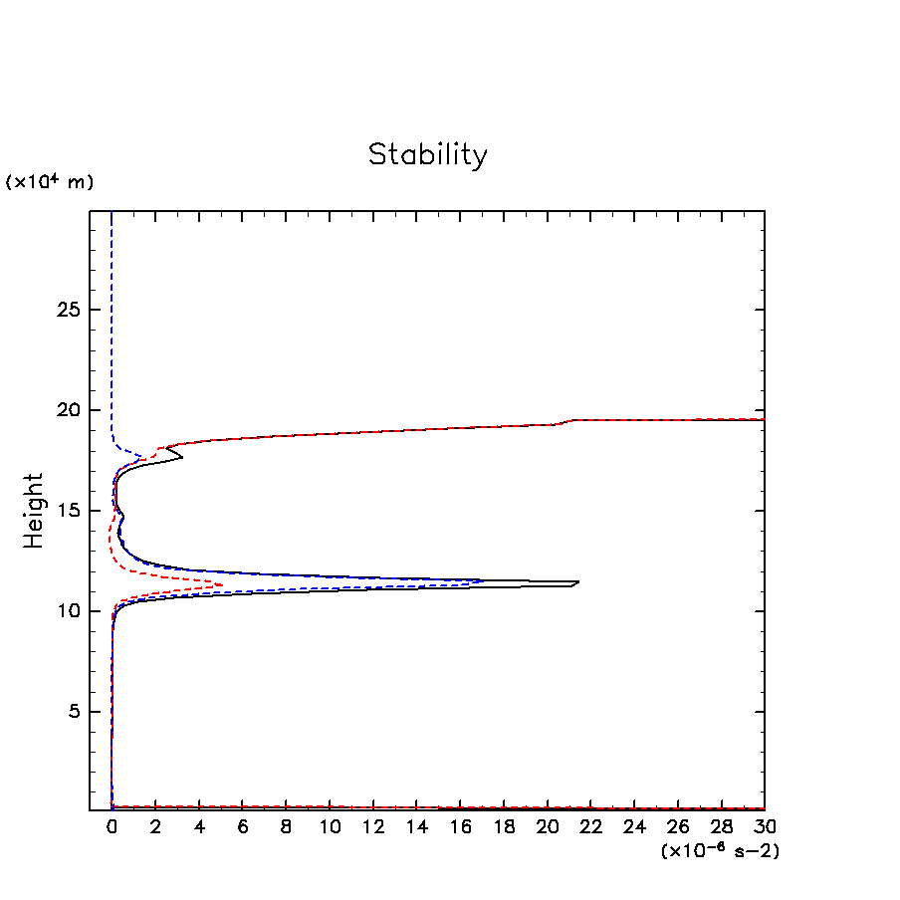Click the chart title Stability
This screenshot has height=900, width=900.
click(x=428, y=155)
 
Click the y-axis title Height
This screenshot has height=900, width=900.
click(x=35, y=510)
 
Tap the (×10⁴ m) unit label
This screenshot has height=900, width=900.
click(x=50, y=182)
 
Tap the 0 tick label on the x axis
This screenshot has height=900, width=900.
click(x=112, y=827)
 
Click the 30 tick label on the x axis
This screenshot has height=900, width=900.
click(x=765, y=827)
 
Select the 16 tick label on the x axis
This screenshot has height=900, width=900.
click(x=460, y=827)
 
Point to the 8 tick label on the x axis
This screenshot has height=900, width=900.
click(x=286, y=827)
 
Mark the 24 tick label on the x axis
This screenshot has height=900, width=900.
click(x=634, y=827)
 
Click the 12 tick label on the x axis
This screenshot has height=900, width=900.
click(x=372, y=827)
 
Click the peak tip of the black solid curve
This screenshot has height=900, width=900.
click(x=577, y=582)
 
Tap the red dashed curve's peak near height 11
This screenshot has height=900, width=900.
click(x=222, y=584)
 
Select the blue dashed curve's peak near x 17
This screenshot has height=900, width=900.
click(x=484, y=580)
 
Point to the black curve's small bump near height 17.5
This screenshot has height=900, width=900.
click(x=181, y=458)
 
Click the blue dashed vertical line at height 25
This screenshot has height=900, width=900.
click(x=112, y=310)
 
